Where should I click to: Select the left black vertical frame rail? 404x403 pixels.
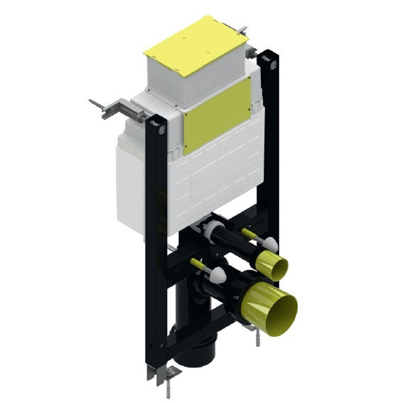point(156,248)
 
